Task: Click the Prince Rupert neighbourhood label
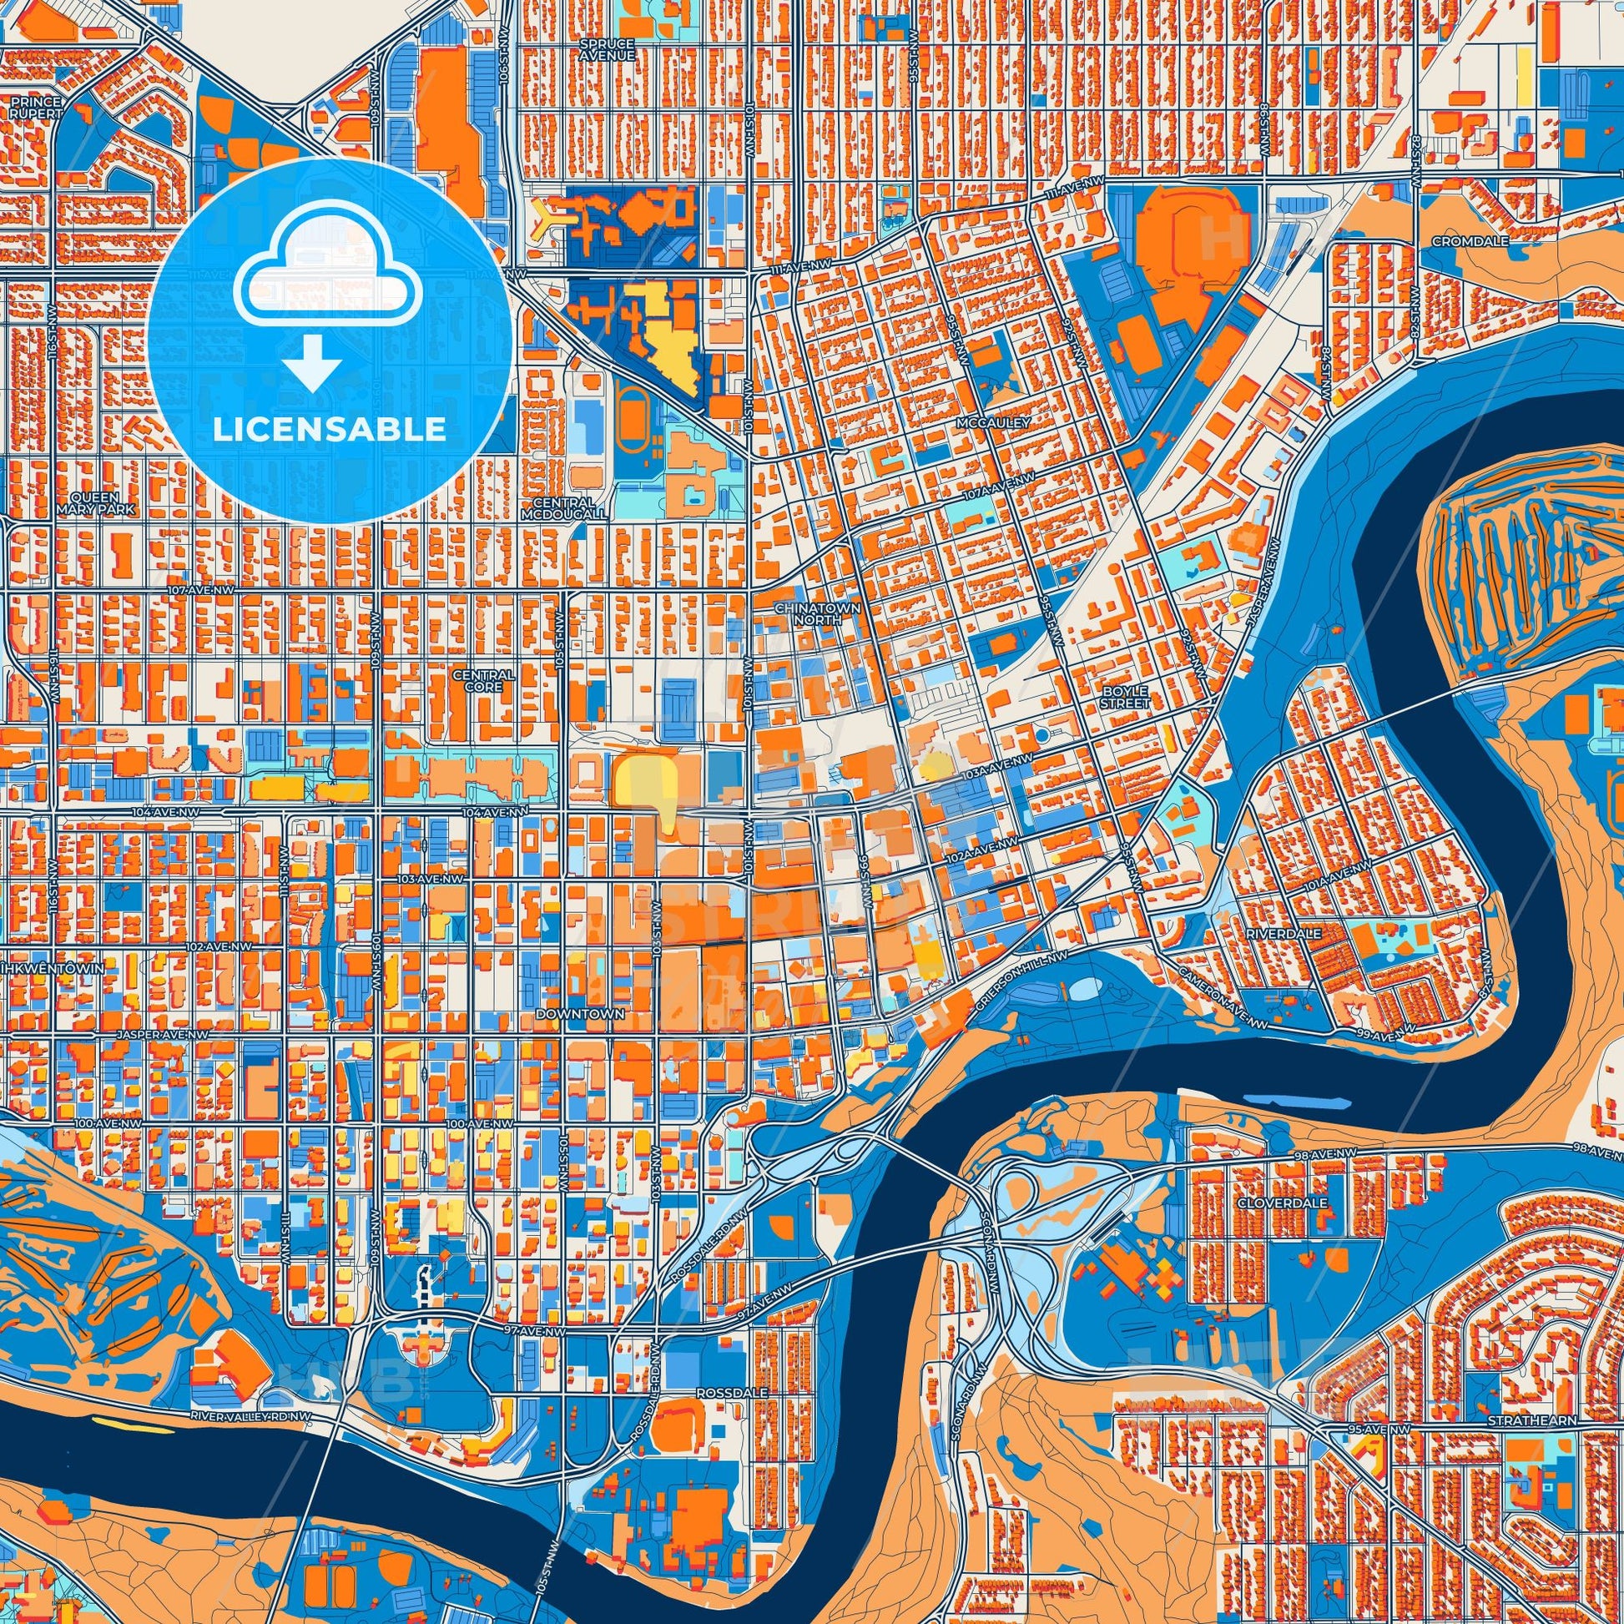tap(36, 108)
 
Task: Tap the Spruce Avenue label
tap(607, 48)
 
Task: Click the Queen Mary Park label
tap(95, 502)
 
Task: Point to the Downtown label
tap(580, 1015)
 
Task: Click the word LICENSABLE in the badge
tap(329, 430)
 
